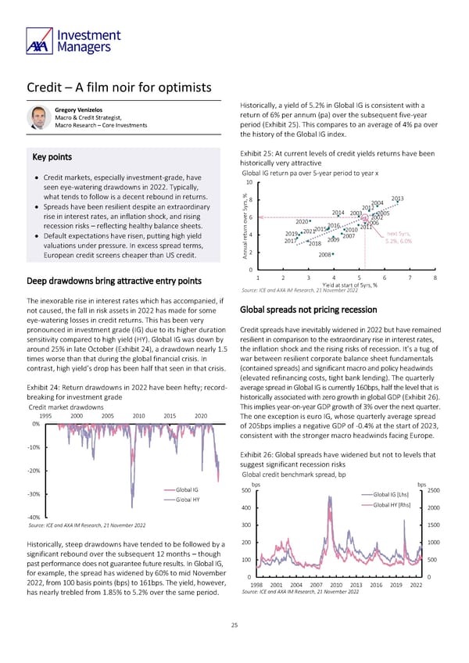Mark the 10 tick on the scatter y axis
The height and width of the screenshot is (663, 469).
248,182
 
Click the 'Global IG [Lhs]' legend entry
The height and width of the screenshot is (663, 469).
392,494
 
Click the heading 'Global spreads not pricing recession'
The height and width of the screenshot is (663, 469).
308,308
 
